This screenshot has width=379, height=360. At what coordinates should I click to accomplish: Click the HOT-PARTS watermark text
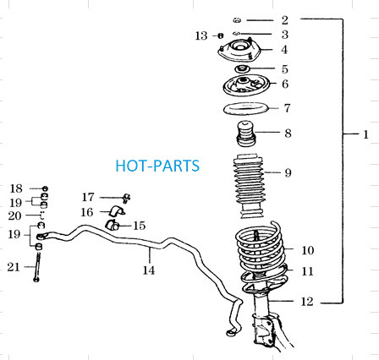pos(157,166)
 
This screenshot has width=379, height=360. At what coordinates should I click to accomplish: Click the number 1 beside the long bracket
pos(365,134)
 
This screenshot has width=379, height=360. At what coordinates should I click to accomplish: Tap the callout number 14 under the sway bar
pos(149,270)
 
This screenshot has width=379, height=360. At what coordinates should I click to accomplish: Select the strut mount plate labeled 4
pos(239,51)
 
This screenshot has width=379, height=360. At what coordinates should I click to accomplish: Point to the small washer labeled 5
pos(242,68)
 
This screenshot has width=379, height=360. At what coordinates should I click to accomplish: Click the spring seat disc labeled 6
pos(246,85)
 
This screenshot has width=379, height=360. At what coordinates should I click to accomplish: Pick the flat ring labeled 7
pos(246,108)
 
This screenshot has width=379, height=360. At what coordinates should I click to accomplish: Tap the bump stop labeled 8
pos(246,134)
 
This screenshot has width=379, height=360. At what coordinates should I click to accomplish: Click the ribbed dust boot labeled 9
pos(249,186)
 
